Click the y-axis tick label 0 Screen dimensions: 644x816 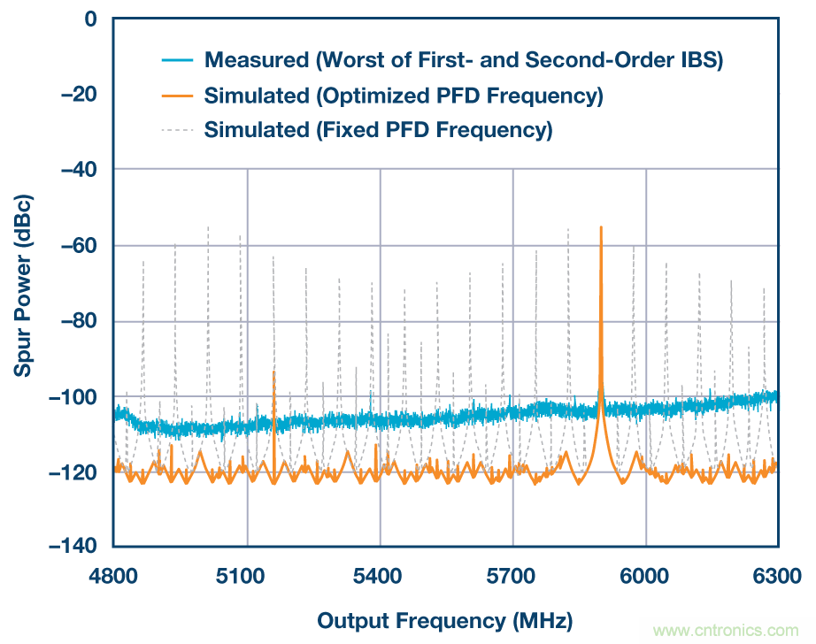click(89, 18)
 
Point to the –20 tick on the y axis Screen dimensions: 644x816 click(78, 95)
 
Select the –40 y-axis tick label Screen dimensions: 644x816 click(78, 170)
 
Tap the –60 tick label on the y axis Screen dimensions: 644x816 click(78, 246)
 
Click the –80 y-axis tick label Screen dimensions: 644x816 click(78, 321)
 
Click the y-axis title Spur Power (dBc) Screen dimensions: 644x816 click(23, 282)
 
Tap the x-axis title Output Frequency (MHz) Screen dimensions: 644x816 click(444, 618)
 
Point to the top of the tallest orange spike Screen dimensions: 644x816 click(601, 227)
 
